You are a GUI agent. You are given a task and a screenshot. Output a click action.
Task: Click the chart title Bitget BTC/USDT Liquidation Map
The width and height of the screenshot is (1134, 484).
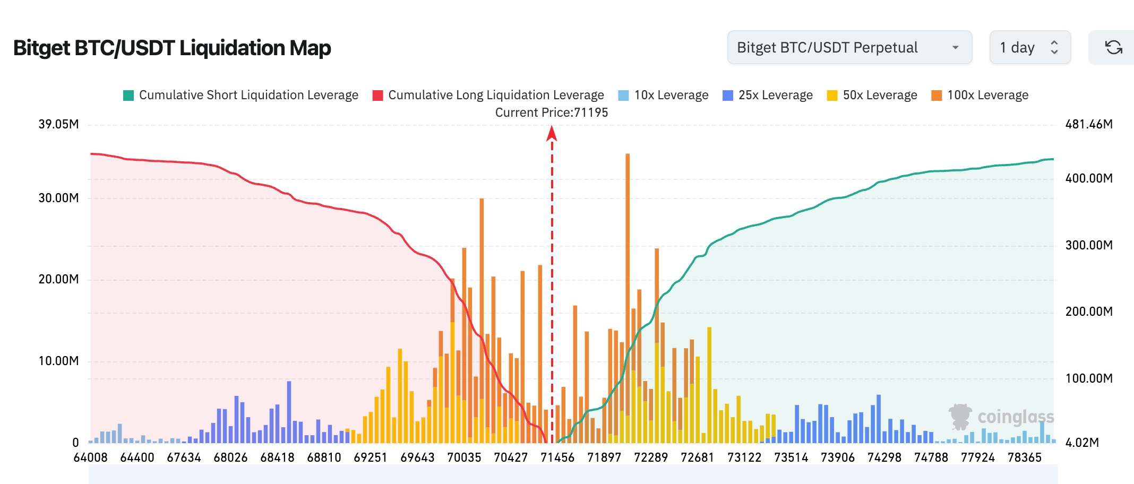pos(172,48)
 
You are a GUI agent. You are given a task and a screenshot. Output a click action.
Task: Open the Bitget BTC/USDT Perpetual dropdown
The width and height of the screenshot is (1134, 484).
pos(849,48)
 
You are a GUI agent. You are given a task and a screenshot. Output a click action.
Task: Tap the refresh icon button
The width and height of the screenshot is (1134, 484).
pos(1113,48)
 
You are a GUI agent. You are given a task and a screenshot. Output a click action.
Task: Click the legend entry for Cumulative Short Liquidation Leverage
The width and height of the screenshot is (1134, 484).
pos(241,95)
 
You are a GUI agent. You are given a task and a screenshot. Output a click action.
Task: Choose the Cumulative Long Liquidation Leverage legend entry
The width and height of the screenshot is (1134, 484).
pos(488,95)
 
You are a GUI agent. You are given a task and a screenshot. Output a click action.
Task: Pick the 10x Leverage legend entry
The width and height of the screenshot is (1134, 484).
pos(664,95)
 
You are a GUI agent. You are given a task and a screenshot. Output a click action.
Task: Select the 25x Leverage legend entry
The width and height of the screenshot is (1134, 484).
pos(768,95)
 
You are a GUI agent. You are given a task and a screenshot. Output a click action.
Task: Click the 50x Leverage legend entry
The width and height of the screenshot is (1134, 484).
pos(872,95)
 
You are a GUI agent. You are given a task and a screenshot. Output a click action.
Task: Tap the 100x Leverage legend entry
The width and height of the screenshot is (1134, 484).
pos(980,95)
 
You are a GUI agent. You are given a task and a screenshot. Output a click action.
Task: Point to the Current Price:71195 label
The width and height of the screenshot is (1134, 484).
pos(552,113)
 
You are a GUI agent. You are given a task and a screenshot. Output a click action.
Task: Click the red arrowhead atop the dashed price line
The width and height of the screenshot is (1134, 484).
pos(552,133)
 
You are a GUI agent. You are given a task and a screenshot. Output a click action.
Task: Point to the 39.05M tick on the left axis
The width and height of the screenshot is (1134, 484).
pos(58,124)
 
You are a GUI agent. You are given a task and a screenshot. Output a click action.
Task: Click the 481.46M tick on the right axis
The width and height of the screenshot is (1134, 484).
pos(1089,124)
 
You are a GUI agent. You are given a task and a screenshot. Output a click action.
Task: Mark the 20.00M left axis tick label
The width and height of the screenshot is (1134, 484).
pos(58,279)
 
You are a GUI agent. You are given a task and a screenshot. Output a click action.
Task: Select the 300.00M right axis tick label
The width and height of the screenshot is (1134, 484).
pos(1089,245)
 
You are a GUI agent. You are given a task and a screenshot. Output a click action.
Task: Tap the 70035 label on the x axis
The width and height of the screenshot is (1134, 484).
pos(464,457)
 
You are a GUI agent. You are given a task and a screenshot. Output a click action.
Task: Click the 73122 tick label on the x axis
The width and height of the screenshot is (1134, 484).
pos(744,457)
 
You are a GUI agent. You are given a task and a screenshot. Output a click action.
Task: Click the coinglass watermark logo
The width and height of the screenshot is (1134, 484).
pos(1001,417)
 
